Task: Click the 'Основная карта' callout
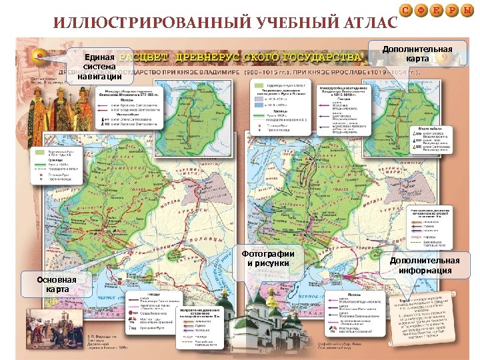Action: [x=53, y=285]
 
